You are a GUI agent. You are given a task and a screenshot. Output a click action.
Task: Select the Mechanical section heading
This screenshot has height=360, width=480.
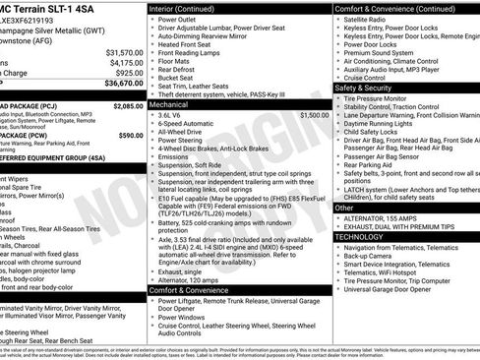(x=168, y=103)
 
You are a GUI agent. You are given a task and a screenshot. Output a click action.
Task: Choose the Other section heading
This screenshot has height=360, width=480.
(x=344, y=208)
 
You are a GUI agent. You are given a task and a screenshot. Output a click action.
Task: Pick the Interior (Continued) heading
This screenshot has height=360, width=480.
(x=189, y=8)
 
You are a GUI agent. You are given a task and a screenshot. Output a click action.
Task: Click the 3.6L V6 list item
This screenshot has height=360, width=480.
(x=171, y=115)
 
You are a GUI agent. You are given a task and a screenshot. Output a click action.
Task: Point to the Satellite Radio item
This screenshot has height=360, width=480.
(x=369, y=19)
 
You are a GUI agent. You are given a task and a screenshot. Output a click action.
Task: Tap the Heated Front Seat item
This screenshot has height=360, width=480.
(x=192, y=44)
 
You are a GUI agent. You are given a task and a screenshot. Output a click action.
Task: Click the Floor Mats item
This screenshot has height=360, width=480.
(x=177, y=62)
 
